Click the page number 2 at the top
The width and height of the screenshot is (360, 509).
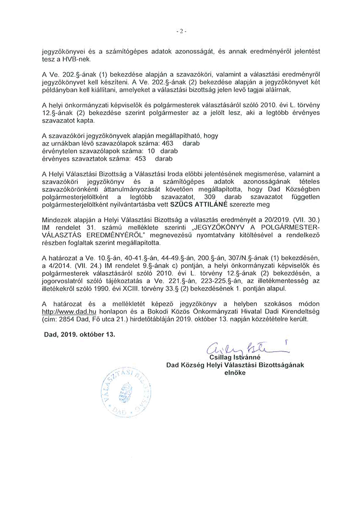180,32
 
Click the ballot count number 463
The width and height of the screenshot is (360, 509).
168,143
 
